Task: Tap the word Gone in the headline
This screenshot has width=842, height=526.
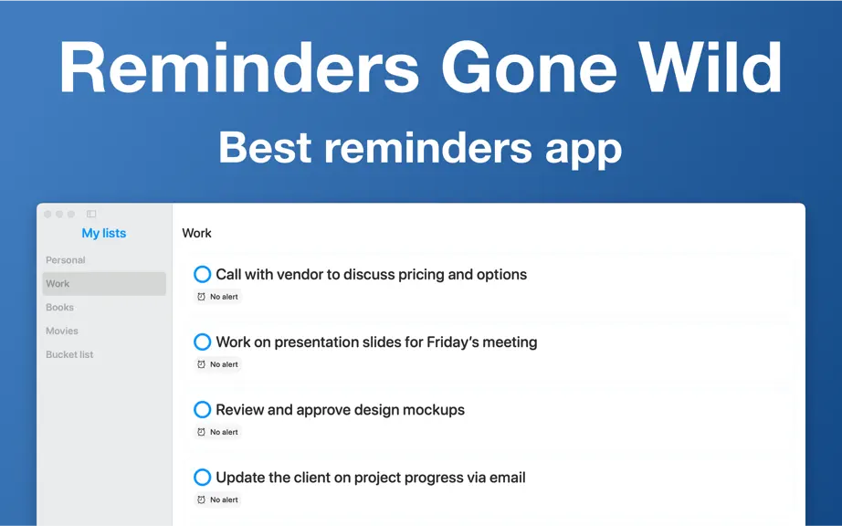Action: click(x=530, y=68)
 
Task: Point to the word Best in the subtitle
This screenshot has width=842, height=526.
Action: click(x=265, y=147)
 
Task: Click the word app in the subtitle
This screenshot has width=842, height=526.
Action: click(x=584, y=151)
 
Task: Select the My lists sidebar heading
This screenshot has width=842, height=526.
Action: click(x=103, y=233)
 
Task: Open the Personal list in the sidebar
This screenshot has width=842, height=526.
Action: click(x=66, y=259)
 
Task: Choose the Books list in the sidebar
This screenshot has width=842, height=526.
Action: click(x=59, y=307)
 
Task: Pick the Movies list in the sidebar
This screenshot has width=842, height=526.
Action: click(x=62, y=331)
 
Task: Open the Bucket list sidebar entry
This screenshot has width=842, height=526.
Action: click(x=69, y=354)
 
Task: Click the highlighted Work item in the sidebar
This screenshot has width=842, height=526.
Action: click(x=104, y=283)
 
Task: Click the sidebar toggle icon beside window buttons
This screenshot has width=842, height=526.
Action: click(x=91, y=214)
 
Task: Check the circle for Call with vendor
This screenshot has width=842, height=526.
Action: click(x=203, y=274)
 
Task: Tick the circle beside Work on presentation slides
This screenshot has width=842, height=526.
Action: click(x=203, y=342)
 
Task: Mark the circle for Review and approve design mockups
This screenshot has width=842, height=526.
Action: click(x=203, y=409)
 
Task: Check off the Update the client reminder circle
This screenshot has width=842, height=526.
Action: click(x=203, y=478)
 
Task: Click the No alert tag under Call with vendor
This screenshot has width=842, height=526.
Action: click(x=217, y=296)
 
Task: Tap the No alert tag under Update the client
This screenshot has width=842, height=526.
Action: click(x=217, y=500)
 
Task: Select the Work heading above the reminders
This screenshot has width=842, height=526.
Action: click(x=196, y=233)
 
